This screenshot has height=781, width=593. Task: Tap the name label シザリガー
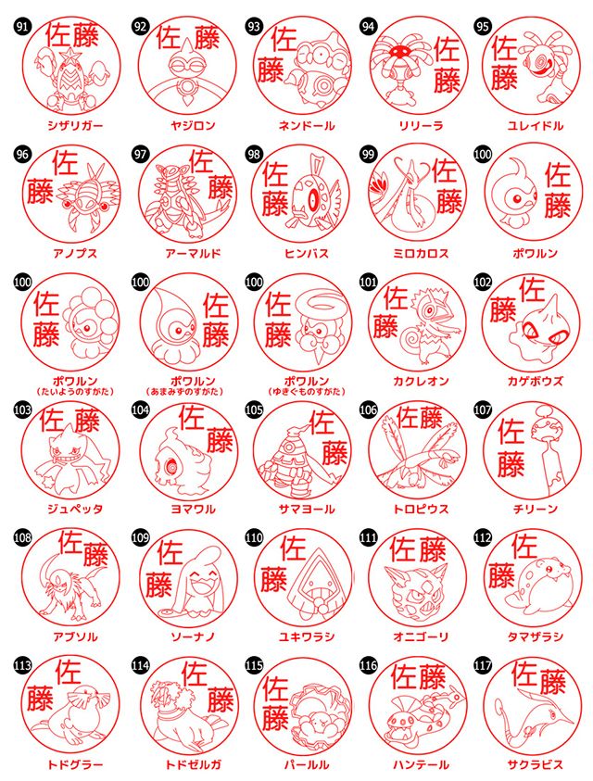(x=75, y=123)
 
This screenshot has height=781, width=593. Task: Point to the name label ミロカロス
(x=420, y=252)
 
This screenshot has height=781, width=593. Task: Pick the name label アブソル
(x=75, y=637)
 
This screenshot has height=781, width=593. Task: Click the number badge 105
(x=254, y=409)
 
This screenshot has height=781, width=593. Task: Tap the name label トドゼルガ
(x=189, y=765)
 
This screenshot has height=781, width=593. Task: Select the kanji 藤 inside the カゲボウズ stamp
(x=504, y=310)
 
